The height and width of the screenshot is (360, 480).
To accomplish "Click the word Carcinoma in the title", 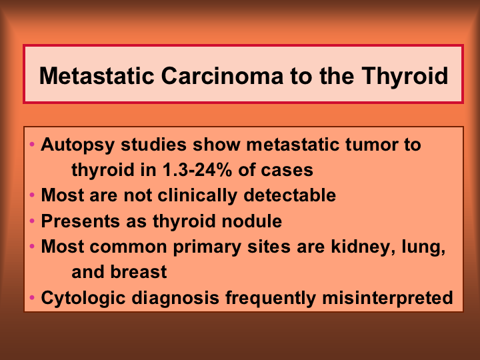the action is (222, 75).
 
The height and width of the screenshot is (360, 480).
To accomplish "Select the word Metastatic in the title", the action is (97, 75).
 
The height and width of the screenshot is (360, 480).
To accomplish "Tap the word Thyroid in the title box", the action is (405, 77).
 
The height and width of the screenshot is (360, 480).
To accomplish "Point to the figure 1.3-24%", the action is (197, 169).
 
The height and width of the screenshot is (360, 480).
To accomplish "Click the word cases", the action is (287, 171).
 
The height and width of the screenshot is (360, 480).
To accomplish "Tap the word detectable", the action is (289, 195).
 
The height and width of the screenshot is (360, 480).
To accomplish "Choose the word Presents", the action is (80, 221).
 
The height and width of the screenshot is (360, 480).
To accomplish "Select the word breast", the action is (139, 272).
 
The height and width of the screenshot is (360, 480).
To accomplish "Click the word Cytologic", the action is (83, 298).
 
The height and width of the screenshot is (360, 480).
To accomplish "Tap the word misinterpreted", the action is (387, 298).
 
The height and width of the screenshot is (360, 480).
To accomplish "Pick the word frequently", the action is (271, 298).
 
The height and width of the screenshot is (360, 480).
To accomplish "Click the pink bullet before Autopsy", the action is (32, 144).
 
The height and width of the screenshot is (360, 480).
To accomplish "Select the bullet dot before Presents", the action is (32, 221).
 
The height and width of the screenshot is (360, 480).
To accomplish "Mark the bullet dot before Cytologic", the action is (32, 297).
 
